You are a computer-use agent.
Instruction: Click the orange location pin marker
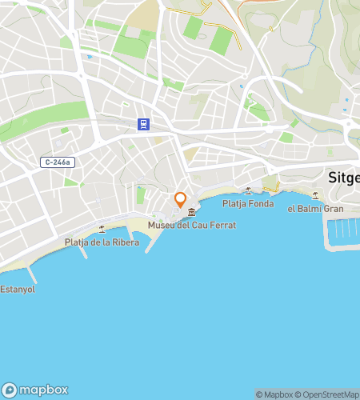[x=180, y=198]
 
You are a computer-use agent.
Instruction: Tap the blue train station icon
[x=142, y=124]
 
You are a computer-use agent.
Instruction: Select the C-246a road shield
[x=57, y=162]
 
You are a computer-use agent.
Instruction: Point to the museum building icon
[x=191, y=211]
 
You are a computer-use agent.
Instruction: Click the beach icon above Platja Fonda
[x=248, y=190]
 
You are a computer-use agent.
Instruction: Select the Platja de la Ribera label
[x=102, y=242]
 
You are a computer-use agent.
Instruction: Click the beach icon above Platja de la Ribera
[x=102, y=229]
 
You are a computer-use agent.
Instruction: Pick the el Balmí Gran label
[x=315, y=208]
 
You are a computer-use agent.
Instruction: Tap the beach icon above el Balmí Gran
[x=315, y=195]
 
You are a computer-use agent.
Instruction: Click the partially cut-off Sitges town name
[x=344, y=178]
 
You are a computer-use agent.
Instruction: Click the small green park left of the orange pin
[x=142, y=195]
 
